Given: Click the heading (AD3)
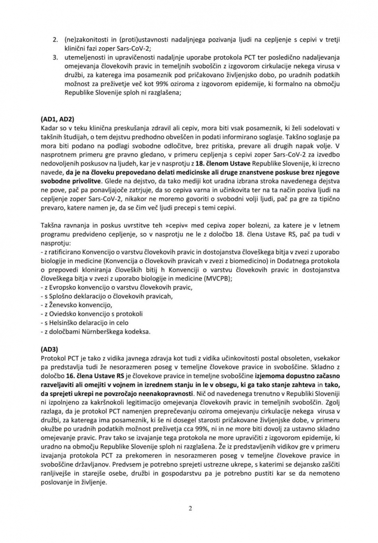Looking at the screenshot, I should [47, 349].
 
